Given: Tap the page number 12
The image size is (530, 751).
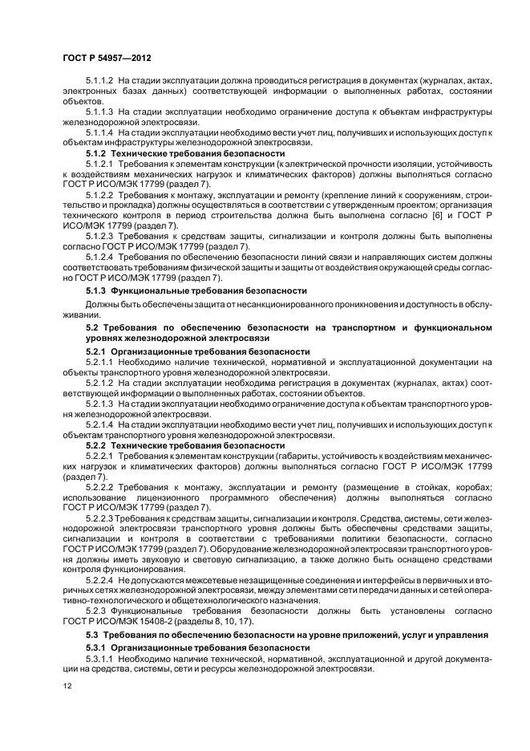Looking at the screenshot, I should coord(67,687).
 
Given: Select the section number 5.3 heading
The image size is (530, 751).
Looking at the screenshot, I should coord(91,635).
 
